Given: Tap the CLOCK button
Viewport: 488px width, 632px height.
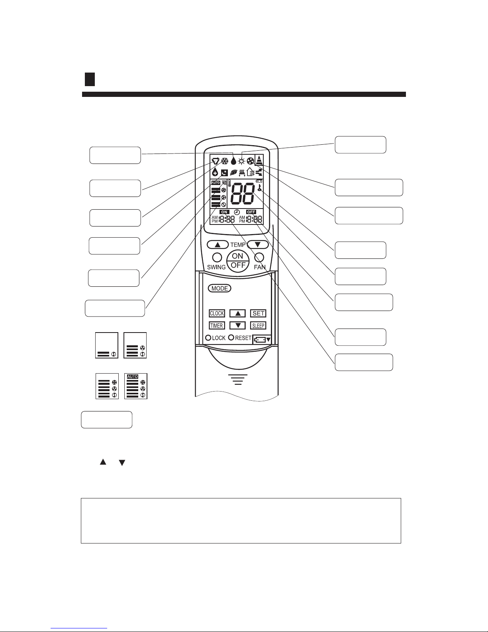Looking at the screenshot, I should coord(217,313).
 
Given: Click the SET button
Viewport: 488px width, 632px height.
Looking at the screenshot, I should coord(258,313).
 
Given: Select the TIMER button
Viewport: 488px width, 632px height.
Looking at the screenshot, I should coord(217,326).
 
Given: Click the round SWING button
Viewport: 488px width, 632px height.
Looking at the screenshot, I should coord(217,257).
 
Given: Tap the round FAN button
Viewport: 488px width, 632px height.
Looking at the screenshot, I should coord(259,257).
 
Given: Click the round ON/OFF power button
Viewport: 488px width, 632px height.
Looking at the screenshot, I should coord(238,260).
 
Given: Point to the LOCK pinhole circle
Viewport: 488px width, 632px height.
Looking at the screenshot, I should coord(208,338).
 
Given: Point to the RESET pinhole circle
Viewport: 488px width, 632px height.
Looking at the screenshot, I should coord(231,338).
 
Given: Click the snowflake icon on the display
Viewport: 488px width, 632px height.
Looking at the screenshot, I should coord(225,161).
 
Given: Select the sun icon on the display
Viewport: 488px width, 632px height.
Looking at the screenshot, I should coord(241,161).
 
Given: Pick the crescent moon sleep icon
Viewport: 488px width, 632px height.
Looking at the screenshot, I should coord(224,173).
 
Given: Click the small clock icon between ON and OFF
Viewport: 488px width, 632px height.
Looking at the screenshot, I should coord(237,212).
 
